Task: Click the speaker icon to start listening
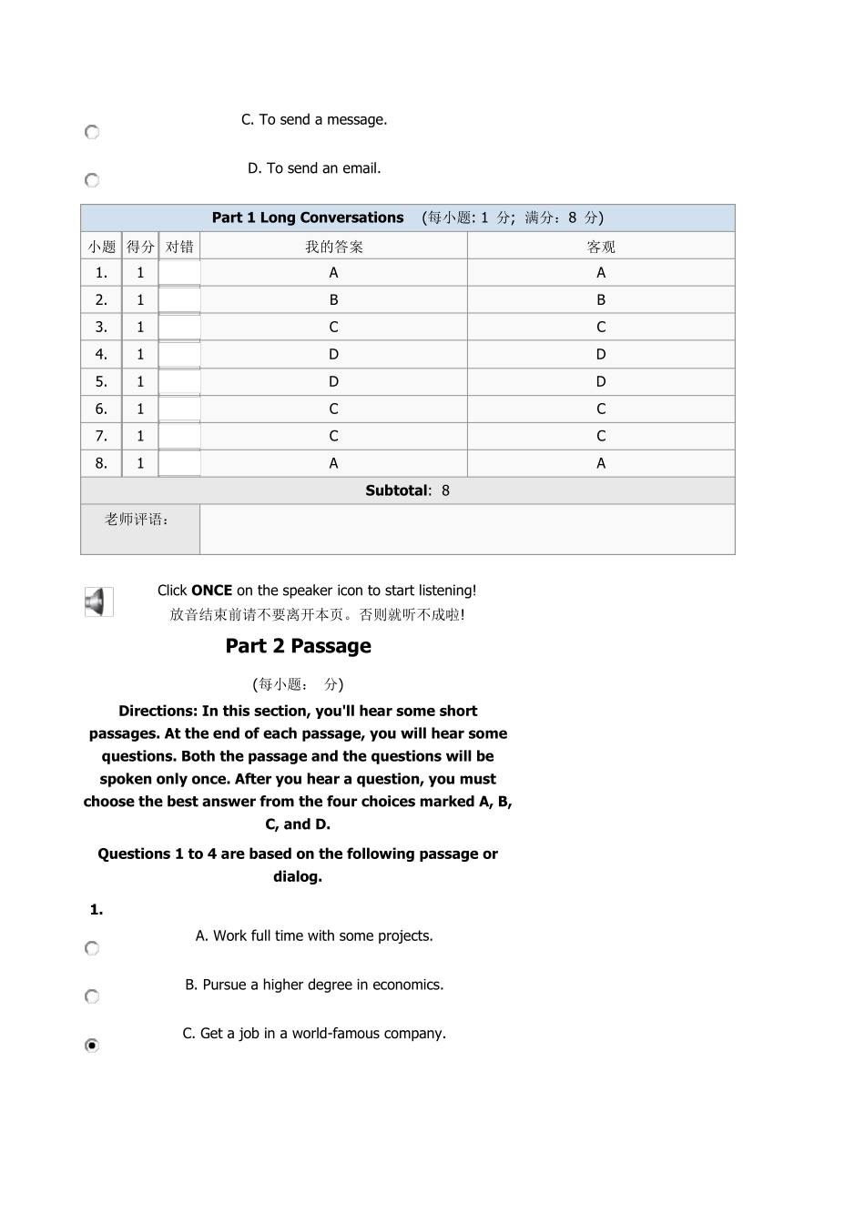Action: [x=97, y=602]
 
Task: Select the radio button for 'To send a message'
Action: [x=92, y=132]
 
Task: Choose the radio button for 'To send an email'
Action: [x=92, y=180]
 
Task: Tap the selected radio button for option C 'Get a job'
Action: [x=92, y=1046]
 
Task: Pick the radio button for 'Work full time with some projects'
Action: [x=92, y=948]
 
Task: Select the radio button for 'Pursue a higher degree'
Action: [x=92, y=996]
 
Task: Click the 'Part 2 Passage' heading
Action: [x=298, y=646]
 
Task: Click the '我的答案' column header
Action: [x=333, y=247]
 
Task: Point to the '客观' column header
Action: [x=601, y=247]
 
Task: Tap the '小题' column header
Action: [x=101, y=247]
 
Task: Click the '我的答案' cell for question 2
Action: [x=333, y=299]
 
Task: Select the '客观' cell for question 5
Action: [x=601, y=381]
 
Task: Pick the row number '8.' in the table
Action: [x=101, y=463]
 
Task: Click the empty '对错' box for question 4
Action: [x=179, y=354]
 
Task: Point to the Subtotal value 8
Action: [x=445, y=490]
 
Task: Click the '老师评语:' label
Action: [x=137, y=520]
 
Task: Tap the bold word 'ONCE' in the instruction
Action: [x=211, y=591]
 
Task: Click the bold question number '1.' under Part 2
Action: [x=97, y=910]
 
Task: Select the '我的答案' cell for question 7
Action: [x=333, y=436]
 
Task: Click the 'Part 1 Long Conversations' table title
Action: [x=308, y=217]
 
